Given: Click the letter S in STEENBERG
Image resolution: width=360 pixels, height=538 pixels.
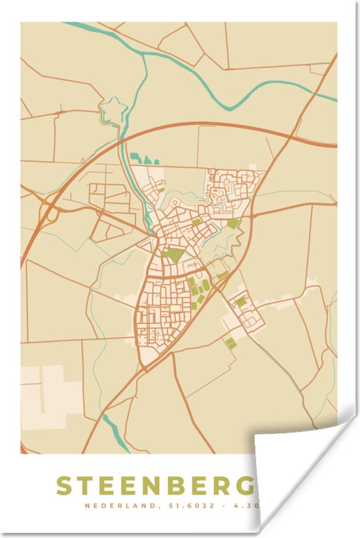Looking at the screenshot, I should pos(64,486).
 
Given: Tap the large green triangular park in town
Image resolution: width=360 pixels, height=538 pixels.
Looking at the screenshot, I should pos(173,255).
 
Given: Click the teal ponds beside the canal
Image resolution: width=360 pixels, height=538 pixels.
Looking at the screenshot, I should pos(144,158).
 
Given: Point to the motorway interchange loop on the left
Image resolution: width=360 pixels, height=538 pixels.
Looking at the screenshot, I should pos(50,212).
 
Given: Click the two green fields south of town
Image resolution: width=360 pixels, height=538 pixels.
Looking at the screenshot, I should pos(230,341).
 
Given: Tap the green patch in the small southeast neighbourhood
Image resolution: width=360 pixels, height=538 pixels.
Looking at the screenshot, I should pos(242,302).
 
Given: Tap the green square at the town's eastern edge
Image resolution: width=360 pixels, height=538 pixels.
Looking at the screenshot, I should pos(233,224).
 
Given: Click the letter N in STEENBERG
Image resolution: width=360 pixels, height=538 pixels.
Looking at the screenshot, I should pos(153,486).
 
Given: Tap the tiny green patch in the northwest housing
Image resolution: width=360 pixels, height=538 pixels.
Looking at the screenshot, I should pos(161,190).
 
